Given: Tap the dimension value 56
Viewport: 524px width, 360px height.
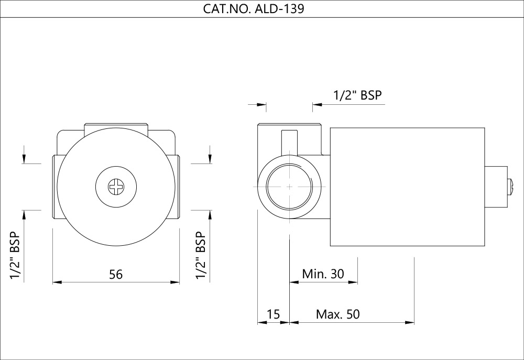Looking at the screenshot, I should (116, 274).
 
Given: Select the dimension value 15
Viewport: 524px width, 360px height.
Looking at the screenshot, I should (273, 314).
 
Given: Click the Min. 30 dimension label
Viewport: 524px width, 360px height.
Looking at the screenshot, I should (323, 274).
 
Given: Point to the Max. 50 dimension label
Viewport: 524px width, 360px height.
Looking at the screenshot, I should (338, 314).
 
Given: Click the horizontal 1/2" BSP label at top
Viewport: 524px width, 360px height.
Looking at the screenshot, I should (357, 95).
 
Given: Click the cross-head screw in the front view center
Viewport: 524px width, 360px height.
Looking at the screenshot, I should (115, 186).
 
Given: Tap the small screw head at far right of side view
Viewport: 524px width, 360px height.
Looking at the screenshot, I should (511, 187).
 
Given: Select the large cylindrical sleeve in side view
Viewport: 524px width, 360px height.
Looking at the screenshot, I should (407, 187).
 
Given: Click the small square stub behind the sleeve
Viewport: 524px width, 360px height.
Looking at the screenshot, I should (496, 187).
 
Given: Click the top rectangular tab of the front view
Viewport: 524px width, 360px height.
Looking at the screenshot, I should (116, 129).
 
